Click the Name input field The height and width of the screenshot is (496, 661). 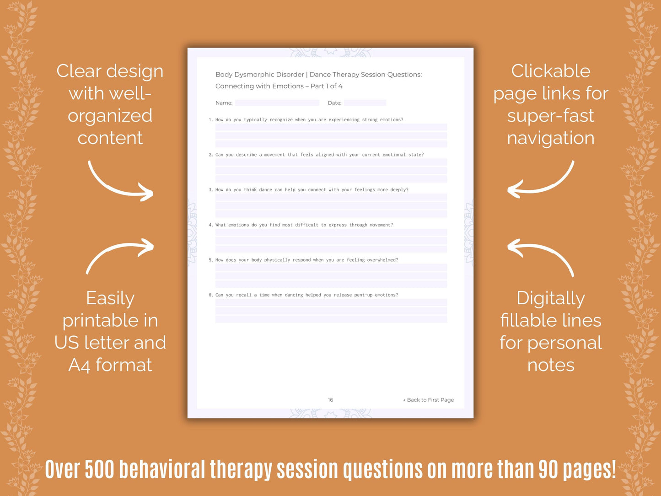point(277,103)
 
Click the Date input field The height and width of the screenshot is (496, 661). point(365,103)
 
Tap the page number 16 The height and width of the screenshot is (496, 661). point(330,400)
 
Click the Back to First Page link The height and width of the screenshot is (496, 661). point(429,400)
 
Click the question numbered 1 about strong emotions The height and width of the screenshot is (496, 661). point(309,120)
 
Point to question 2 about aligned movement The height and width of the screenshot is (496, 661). point(319,155)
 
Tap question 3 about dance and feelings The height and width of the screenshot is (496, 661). point(312,190)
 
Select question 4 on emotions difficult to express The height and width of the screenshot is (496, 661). point(304,225)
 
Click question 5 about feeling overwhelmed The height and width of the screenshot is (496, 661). point(306,260)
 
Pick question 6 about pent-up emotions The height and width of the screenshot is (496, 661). point(306,295)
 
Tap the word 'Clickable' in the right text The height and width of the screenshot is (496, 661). point(551,71)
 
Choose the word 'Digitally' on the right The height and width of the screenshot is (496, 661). point(551,298)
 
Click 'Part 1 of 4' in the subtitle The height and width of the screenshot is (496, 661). point(326,86)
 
